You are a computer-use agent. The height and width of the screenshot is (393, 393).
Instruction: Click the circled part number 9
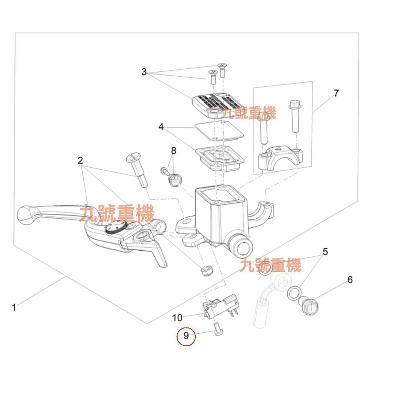point(186,336)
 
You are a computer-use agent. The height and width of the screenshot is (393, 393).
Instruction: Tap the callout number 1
point(14,307)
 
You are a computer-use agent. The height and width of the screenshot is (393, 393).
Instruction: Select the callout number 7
point(336,93)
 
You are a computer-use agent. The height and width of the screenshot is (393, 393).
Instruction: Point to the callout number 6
point(350,280)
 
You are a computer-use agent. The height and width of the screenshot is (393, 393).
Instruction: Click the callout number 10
point(177,317)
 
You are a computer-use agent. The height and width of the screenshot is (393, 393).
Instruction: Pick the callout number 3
point(144,72)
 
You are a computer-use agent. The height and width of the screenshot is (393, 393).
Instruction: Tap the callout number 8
point(173,151)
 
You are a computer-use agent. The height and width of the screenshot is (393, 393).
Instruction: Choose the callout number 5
point(325,252)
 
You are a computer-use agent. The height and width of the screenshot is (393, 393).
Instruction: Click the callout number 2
point(80,160)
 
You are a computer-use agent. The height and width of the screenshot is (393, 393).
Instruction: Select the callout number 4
point(161,127)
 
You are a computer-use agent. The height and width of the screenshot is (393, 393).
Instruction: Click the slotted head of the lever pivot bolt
point(133,158)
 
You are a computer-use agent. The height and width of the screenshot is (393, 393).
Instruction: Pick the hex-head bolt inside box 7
point(295,115)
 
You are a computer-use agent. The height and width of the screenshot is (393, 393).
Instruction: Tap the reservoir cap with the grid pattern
point(217,104)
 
